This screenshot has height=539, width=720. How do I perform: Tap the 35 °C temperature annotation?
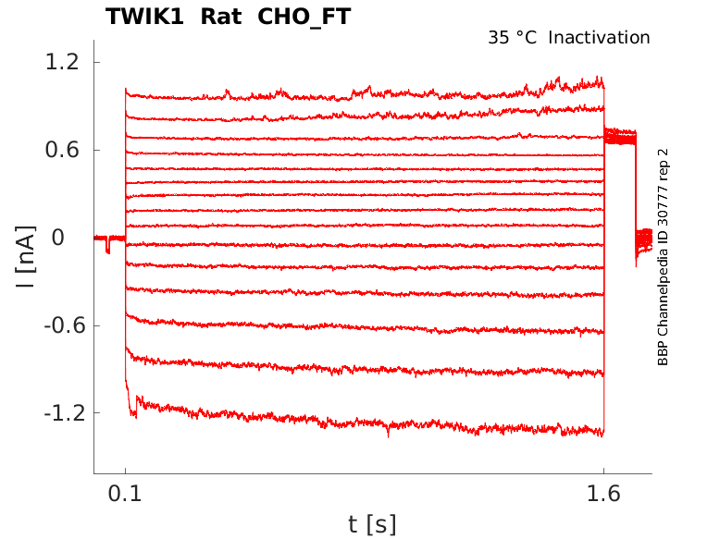pyautogui.click(x=513, y=38)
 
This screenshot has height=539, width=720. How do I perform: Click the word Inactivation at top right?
pyautogui.click(x=599, y=38)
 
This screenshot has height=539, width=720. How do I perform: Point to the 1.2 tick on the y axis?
pyautogui.click(x=66, y=63)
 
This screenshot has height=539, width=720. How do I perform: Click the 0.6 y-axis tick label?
pyautogui.click(x=66, y=150)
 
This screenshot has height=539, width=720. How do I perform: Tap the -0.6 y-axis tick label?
pyautogui.click(x=63, y=325)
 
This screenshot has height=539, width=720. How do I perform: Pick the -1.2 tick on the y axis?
pyautogui.click(x=63, y=412)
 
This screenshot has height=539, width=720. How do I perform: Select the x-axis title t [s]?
pyautogui.click(x=372, y=524)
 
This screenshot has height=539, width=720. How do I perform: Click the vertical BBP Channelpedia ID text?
pyautogui.click(x=663, y=257)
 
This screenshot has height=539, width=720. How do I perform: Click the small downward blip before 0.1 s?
pyautogui.click(x=108, y=246)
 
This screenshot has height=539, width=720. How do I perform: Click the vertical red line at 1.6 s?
pyautogui.click(x=603, y=277)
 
